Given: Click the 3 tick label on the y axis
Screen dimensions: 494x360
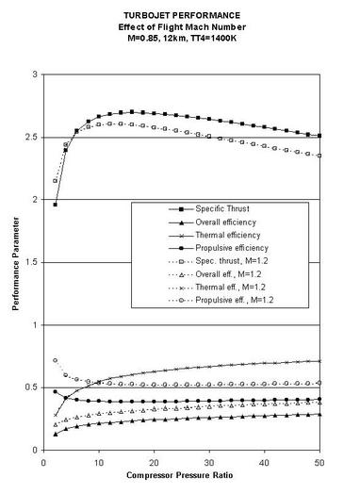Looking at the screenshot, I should click(35, 74).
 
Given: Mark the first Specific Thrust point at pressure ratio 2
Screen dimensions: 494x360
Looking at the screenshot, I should click(55, 205).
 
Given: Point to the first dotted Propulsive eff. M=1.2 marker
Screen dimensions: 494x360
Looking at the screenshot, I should click(55, 360).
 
